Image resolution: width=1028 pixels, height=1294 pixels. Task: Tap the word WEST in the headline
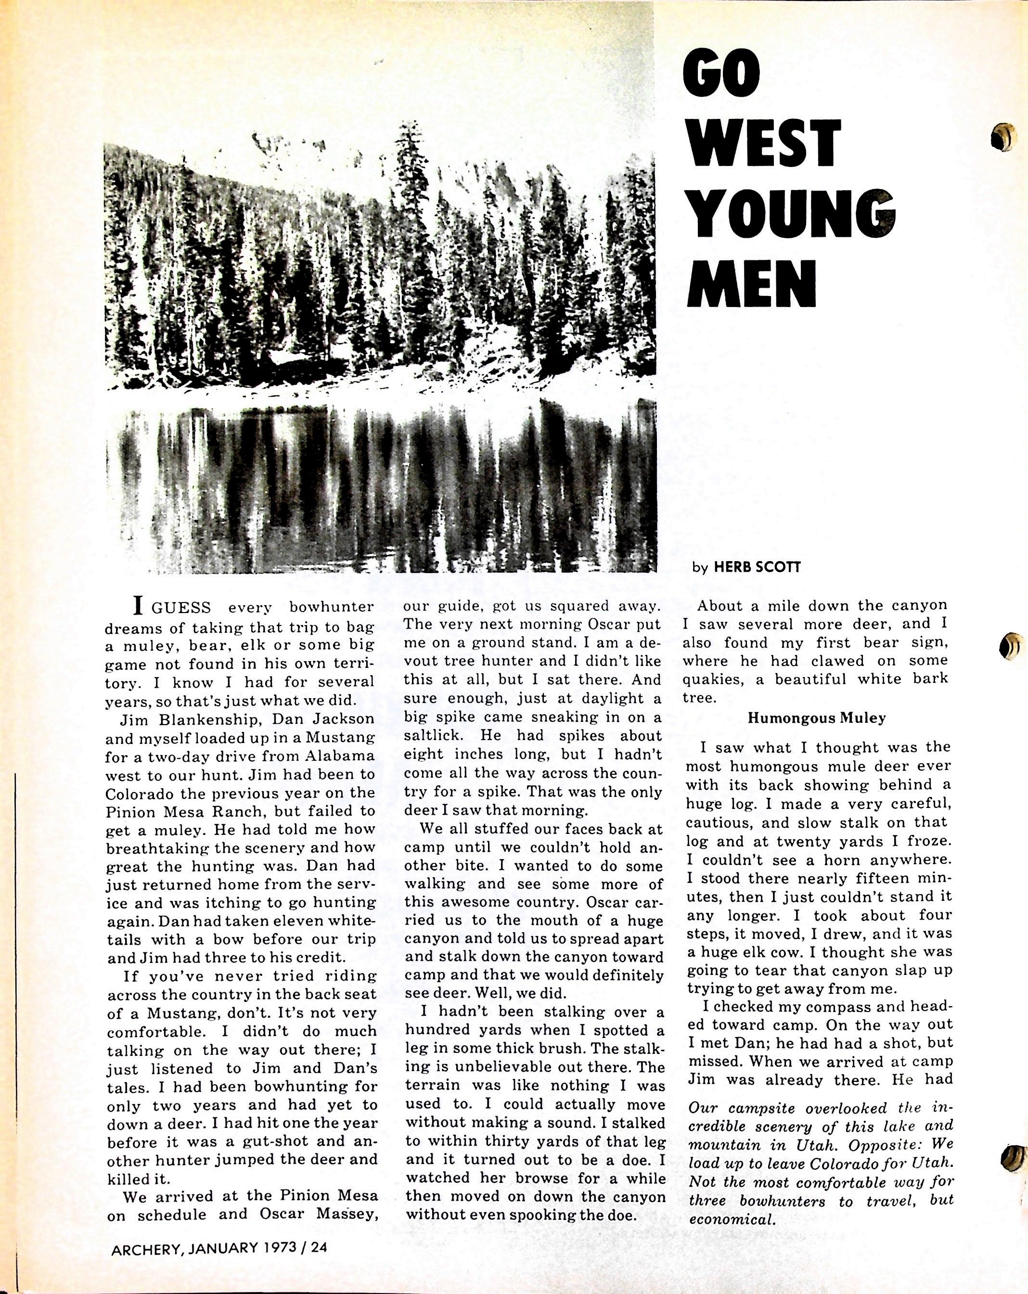point(763,144)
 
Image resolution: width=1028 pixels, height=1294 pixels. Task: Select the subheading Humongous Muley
point(816,718)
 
